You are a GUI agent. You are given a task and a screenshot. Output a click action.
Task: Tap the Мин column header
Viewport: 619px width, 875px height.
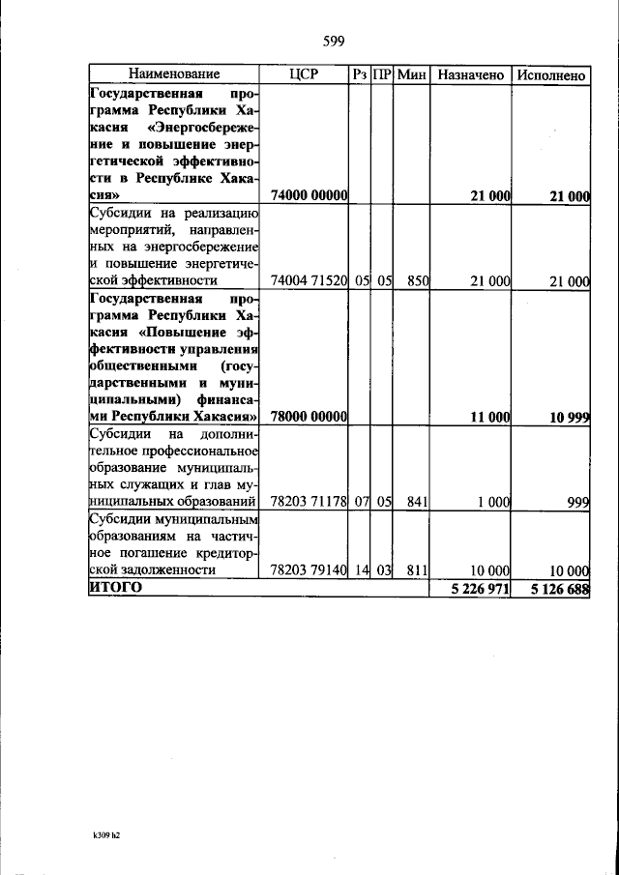tap(412, 73)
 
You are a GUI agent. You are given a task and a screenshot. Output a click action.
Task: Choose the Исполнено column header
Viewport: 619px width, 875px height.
tap(551, 73)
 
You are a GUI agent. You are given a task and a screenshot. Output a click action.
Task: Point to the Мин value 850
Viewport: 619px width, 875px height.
tap(417, 281)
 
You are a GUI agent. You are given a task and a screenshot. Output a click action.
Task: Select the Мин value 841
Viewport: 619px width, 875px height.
tap(417, 502)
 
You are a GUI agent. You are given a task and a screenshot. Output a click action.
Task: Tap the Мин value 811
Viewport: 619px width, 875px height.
tap(417, 570)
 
